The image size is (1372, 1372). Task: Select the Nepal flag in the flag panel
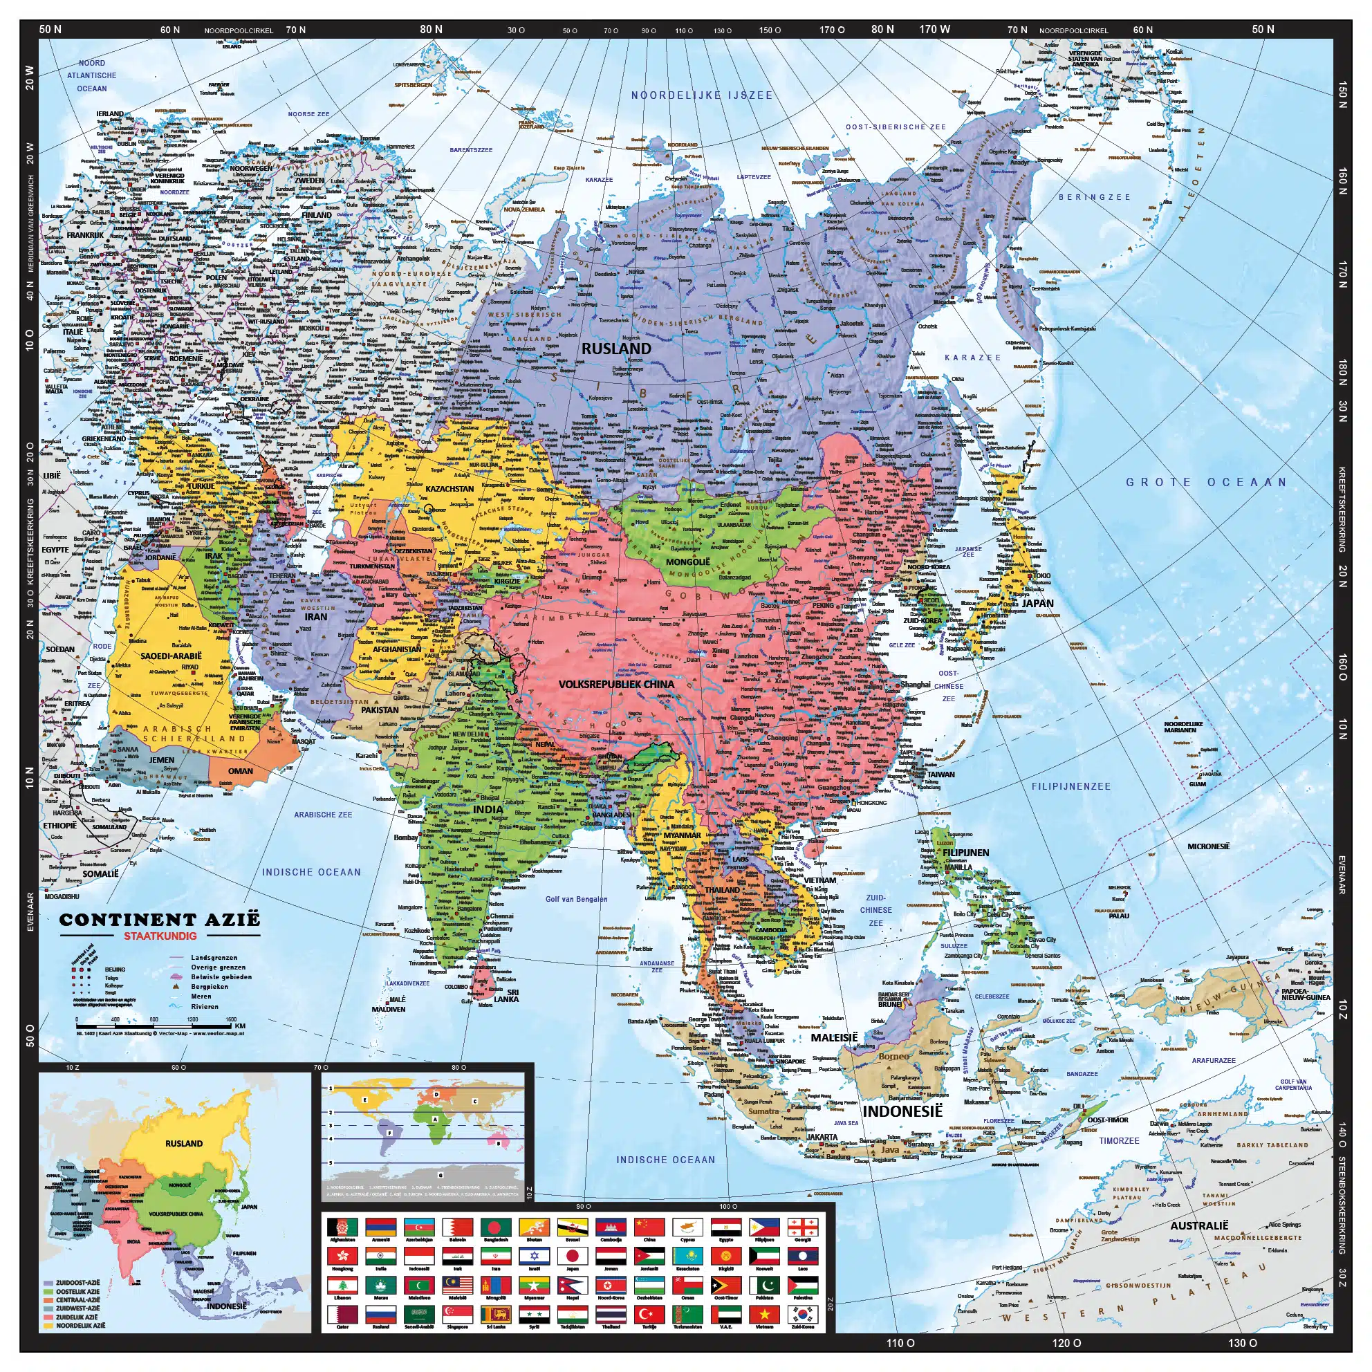click(573, 1284)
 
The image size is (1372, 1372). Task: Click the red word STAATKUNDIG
click(160, 935)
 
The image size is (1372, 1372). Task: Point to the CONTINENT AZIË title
click(160, 920)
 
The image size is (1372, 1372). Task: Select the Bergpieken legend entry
click(210, 986)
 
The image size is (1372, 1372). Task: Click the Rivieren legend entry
click(205, 1006)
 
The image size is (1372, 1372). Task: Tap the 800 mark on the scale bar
click(154, 1020)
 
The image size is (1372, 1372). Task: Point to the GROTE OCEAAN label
click(1207, 482)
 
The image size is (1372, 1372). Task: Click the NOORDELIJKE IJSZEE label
click(702, 95)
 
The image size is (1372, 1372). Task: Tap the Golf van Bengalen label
click(576, 899)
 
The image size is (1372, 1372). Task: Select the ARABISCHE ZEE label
click(323, 815)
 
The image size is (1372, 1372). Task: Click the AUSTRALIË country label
click(1198, 1225)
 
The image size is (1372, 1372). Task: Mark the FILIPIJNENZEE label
click(1071, 786)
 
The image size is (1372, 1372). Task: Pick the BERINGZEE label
click(1094, 196)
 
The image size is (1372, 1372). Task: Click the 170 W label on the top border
click(934, 29)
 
